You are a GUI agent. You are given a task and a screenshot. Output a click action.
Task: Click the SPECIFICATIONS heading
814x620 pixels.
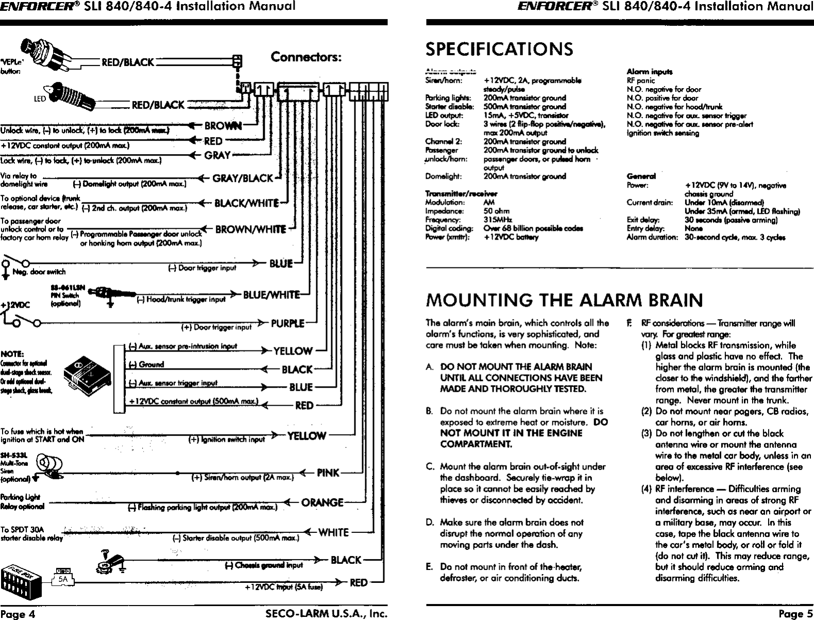[x=499, y=49]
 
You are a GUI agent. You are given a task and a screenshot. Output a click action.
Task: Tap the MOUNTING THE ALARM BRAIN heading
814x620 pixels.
[x=564, y=299]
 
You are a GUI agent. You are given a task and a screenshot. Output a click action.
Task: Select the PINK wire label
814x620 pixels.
[x=328, y=472]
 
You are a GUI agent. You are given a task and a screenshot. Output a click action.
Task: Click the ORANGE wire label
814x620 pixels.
[x=322, y=502]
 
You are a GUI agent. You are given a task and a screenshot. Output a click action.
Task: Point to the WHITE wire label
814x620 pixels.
[x=333, y=532]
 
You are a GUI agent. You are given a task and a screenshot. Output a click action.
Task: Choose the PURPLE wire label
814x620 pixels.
[x=287, y=324]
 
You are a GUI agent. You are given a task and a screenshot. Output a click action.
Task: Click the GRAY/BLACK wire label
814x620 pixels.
[x=243, y=178]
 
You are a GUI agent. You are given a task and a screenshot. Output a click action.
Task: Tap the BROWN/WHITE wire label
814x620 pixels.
[x=250, y=229]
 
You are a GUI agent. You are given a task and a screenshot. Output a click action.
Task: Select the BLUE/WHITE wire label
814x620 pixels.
[x=271, y=294]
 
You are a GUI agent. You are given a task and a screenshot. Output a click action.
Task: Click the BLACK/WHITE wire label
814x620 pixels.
[x=246, y=203]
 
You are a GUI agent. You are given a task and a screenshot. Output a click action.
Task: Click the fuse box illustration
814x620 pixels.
[x=21, y=584]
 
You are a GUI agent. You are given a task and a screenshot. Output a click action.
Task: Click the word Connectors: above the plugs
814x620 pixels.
[x=306, y=57]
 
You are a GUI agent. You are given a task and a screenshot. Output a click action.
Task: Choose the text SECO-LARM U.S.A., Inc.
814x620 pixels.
[x=326, y=613]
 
